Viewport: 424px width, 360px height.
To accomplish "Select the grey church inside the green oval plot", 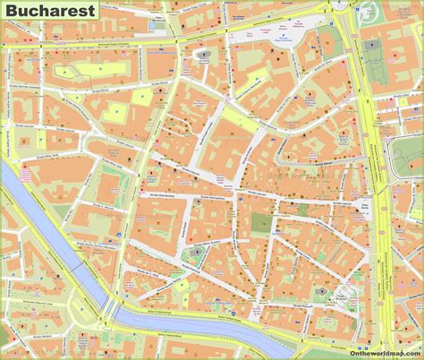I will pos(195,258).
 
